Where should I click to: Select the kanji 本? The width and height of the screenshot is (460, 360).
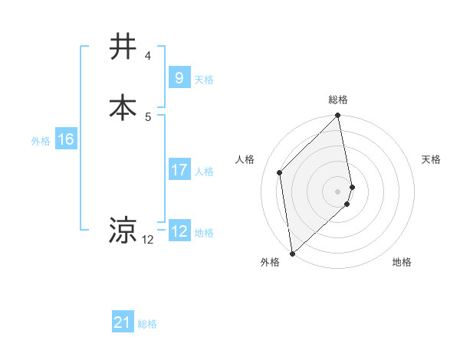pos(123,106)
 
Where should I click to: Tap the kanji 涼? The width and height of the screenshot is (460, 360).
pos(123,230)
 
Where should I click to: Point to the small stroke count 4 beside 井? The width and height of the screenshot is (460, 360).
pos(148,56)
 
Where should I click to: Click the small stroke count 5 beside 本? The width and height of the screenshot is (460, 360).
pos(148,116)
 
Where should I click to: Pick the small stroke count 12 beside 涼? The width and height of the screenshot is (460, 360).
pos(148,240)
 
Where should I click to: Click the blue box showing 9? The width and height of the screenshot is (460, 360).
pos(179,77)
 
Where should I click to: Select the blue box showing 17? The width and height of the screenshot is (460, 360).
pos(179,170)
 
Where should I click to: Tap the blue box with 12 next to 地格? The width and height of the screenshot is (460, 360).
pos(179,231)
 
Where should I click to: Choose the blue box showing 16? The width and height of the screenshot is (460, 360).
pos(66,139)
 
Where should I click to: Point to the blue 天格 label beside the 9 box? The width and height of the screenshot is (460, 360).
pos(204,79)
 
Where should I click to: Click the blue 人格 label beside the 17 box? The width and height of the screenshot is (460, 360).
pos(204,172)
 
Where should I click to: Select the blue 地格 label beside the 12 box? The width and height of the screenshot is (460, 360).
pos(204,233)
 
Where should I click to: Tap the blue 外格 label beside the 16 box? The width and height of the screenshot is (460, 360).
pos(41,141)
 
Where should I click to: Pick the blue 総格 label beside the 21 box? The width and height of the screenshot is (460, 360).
pos(147,324)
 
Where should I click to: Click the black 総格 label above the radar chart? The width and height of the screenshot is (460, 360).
pos(338,100)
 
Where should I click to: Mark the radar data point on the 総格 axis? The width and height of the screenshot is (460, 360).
pos(338,116)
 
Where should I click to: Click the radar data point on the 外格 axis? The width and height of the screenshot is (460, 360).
pos(292,253)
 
